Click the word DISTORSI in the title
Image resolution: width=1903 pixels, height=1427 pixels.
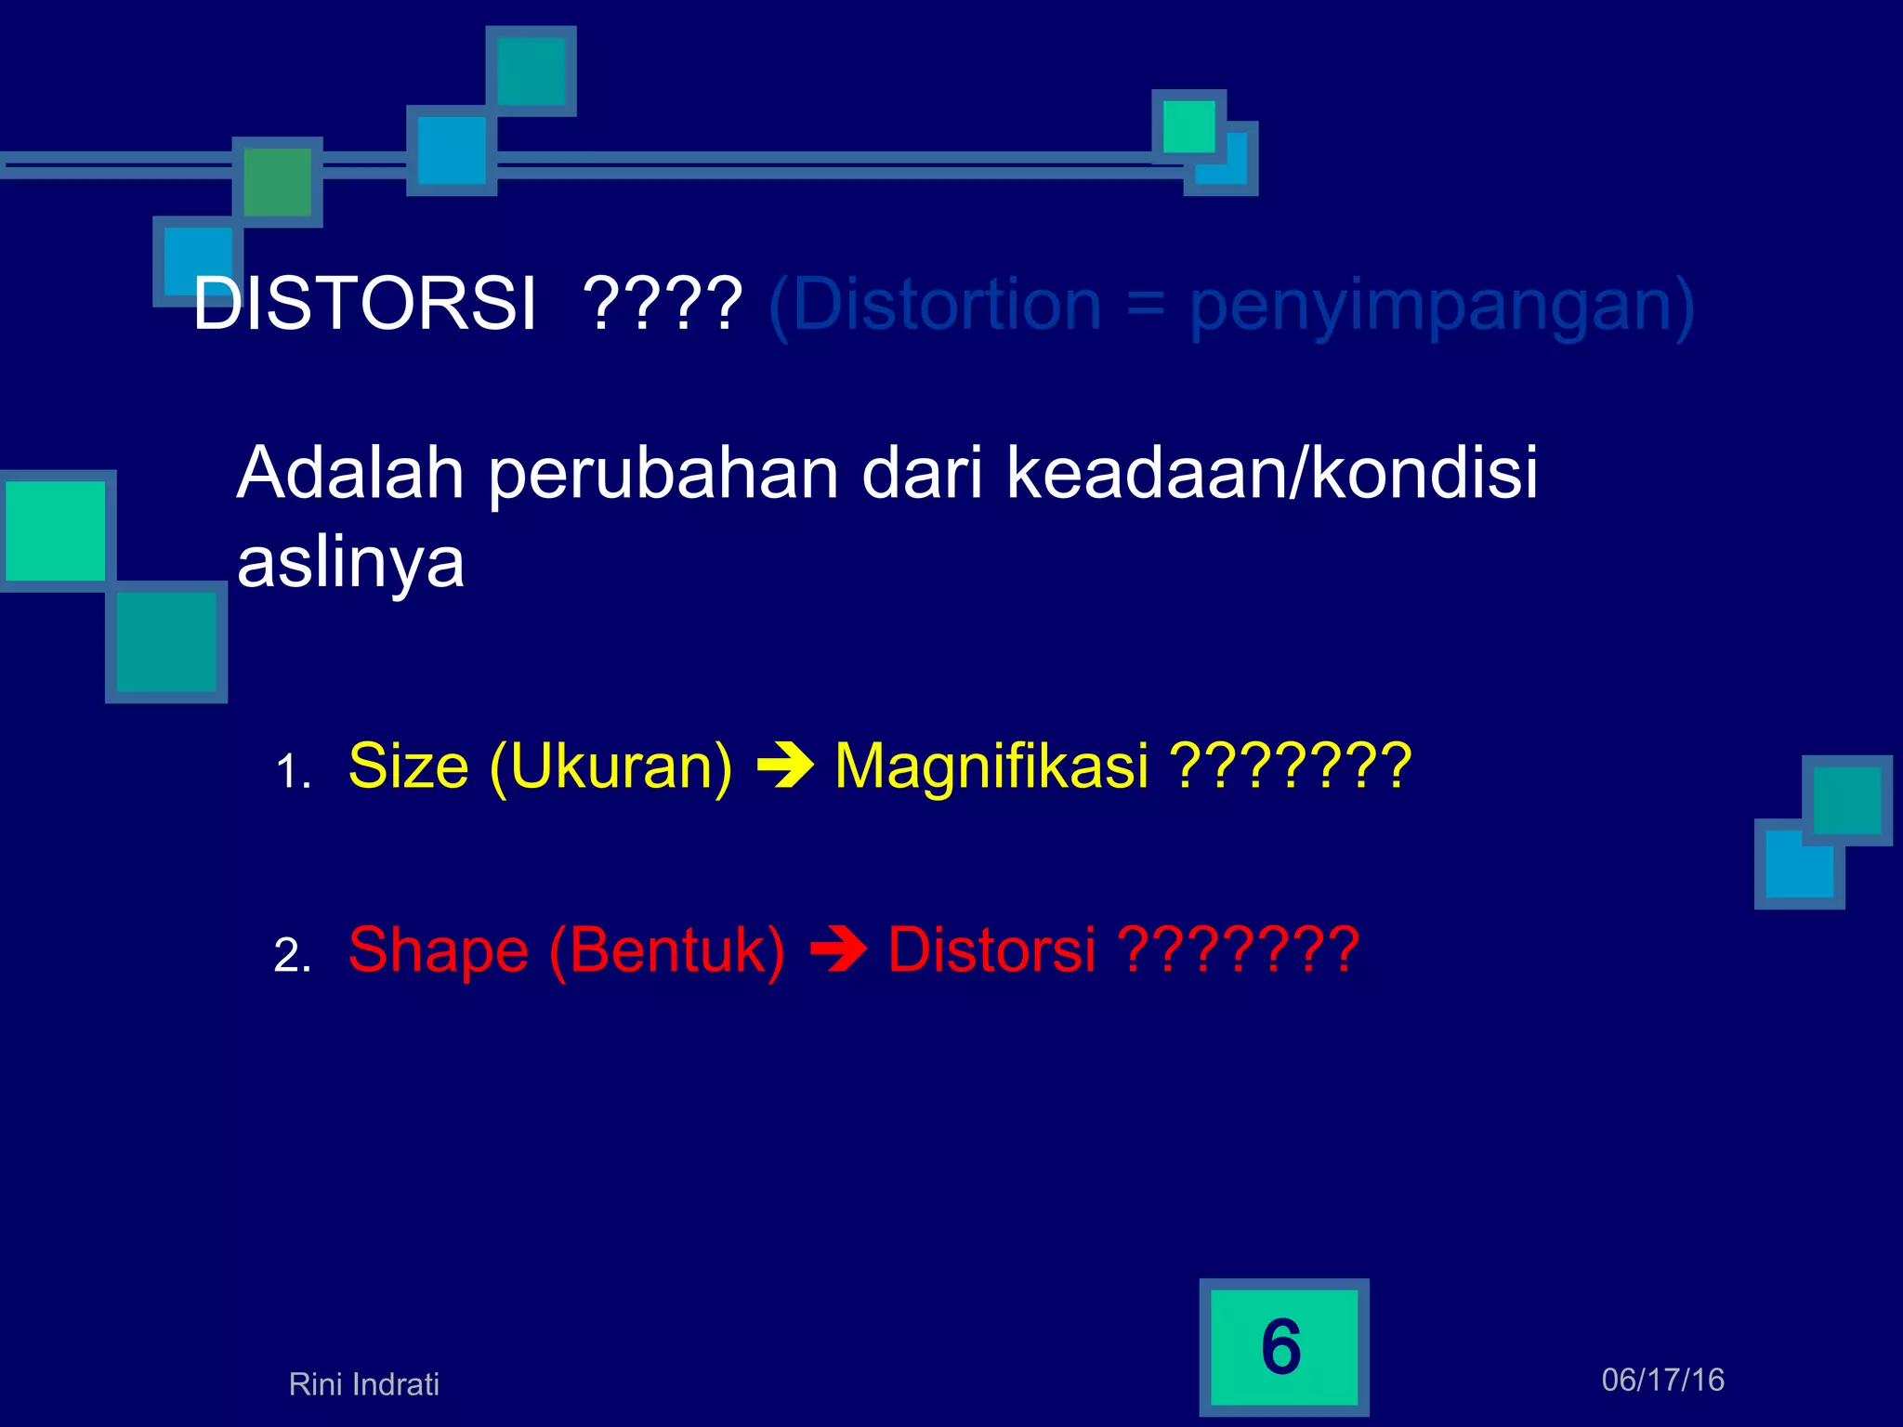[364, 305]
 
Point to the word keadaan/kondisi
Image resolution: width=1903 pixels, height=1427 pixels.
[1272, 474]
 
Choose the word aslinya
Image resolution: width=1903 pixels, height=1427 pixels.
[350, 563]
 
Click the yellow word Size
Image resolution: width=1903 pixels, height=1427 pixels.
[409, 766]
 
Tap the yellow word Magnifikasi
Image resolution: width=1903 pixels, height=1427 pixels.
[991, 766]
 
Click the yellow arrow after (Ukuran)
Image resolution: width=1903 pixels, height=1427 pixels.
[785, 767]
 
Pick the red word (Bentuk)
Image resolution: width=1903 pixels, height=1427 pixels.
[667, 950]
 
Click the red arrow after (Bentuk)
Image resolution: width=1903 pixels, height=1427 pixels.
[838, 951]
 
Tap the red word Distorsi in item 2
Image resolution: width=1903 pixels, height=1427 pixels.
[991, 950]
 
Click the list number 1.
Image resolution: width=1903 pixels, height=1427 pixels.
[292, 772]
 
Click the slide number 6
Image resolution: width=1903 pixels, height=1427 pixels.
[1282, 1347]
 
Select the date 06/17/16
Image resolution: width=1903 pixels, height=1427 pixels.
[1662, 1380]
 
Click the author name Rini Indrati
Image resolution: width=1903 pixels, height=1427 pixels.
[363, 1384]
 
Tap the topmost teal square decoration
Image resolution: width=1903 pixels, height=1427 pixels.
[531, 72]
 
